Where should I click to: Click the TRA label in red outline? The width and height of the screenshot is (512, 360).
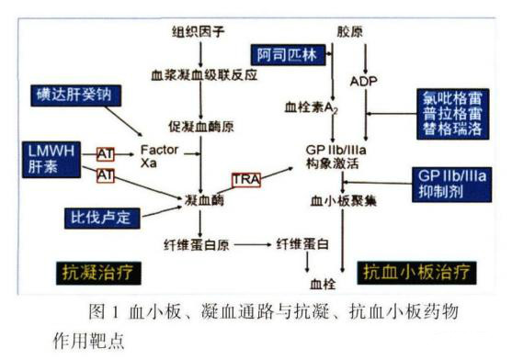pos(246,177)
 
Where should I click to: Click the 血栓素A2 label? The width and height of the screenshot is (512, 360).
pos(313,107)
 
